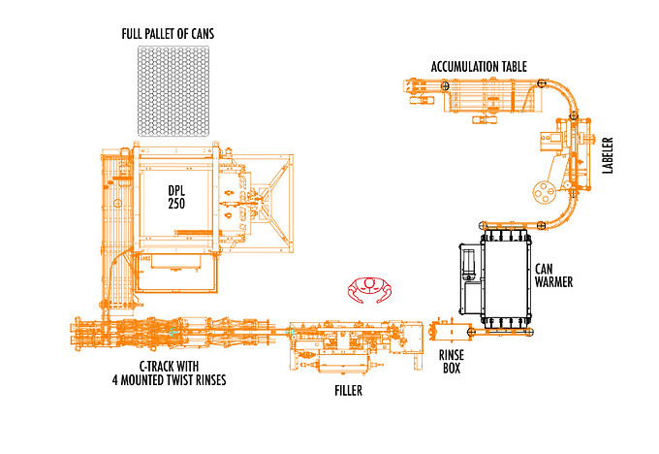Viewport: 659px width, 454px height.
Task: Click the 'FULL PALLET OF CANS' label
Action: [168, 34]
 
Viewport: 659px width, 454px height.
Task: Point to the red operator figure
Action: [367, 287]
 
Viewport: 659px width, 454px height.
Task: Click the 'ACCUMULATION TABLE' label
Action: [479, 67]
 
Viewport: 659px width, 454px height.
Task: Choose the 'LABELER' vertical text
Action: [608, 156]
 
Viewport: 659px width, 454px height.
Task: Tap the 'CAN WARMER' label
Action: [554, 276]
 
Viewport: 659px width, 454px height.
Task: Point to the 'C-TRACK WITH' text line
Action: [170, 367]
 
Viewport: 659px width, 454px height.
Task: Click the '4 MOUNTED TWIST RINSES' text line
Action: [169, 380]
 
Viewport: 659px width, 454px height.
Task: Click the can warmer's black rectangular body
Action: [505, 276]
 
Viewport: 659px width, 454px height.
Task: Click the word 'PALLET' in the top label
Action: [164, 34]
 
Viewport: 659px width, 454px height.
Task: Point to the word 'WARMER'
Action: [554, 282]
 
